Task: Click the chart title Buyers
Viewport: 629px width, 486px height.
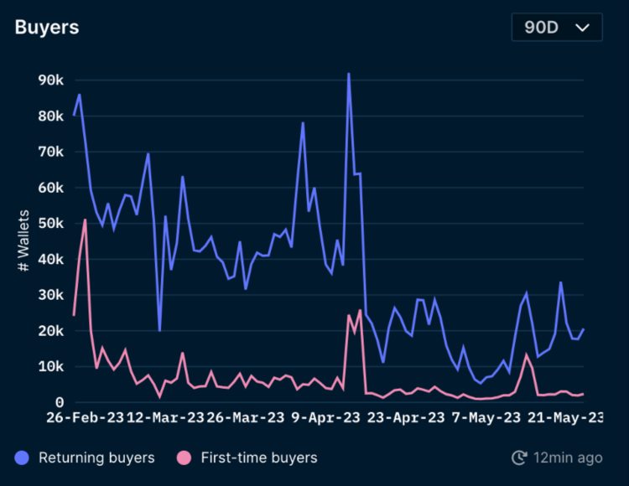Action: coord(47,27)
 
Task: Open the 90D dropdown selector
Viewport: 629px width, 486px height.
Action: coord(557,27)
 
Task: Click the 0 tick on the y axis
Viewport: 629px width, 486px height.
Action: coord(59,402)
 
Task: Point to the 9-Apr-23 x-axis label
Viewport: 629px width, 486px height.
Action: coord(325,417)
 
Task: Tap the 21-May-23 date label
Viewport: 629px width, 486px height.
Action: coord(565,417)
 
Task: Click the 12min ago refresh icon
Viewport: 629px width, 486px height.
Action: coord(519,458)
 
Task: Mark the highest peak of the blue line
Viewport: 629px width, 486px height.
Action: coord(348,74)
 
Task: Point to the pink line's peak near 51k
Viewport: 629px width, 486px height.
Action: coord(86,220)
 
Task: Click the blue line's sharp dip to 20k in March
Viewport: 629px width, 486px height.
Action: coord(159,330)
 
